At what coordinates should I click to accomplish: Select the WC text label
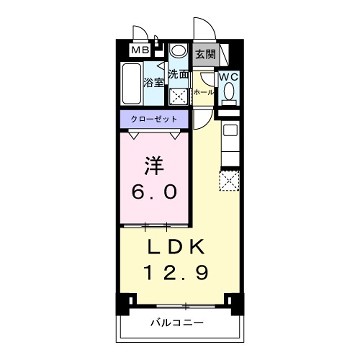[228, 76]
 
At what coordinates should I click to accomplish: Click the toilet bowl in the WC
[229, 93]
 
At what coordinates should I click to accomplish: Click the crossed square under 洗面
[180, 97]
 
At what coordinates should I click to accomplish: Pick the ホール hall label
[203, 91]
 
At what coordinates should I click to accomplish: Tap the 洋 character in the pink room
[155, 162]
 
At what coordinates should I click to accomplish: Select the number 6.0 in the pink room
[156, 190]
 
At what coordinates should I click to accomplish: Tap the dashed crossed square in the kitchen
[231, 181]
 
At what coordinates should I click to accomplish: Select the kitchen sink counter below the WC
[230, 140]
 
